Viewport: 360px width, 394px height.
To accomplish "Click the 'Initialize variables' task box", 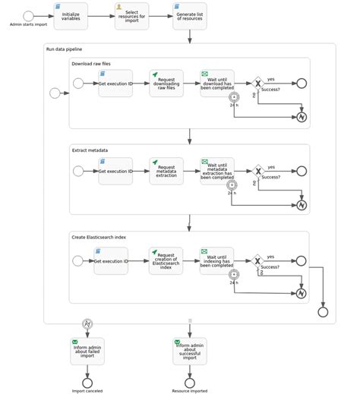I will [x=71, y=16].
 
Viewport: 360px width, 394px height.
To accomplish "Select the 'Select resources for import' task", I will [x=131, y=16].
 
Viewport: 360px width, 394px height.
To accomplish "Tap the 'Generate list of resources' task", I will [x=190, y=16].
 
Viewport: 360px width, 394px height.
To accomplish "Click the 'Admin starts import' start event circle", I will [x=28, y=16].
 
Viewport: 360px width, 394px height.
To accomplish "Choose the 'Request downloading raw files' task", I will [x=166, y=84].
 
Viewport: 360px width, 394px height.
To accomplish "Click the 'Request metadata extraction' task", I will [x=166, y=172].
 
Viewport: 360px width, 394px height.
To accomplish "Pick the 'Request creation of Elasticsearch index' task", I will [x=166, y=261].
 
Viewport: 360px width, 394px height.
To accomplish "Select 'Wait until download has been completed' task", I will [x=217, y=84].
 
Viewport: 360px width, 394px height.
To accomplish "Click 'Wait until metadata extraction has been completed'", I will [x=217, y=172].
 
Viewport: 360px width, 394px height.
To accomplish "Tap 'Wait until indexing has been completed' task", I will [x=217, y=261].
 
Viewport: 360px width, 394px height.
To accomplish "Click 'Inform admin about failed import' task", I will [x=87, y=351].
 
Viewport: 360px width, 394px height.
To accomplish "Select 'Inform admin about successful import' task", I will [x=190, y=351].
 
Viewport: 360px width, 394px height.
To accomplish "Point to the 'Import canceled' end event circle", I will [x=87, y=383].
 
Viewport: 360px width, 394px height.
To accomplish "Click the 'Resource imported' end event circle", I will [x=190, y=383].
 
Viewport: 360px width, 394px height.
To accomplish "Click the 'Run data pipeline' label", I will [x=64, y=49].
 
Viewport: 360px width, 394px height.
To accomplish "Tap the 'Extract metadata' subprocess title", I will [x=90, y=150].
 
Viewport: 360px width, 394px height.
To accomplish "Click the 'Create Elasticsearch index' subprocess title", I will [x=99, y=237].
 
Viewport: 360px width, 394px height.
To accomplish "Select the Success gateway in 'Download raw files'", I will [x=258, y=84].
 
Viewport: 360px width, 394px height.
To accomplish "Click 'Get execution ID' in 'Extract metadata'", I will [x=115, y=172].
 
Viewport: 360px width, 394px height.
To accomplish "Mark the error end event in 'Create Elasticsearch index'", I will [x=302, y=294].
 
